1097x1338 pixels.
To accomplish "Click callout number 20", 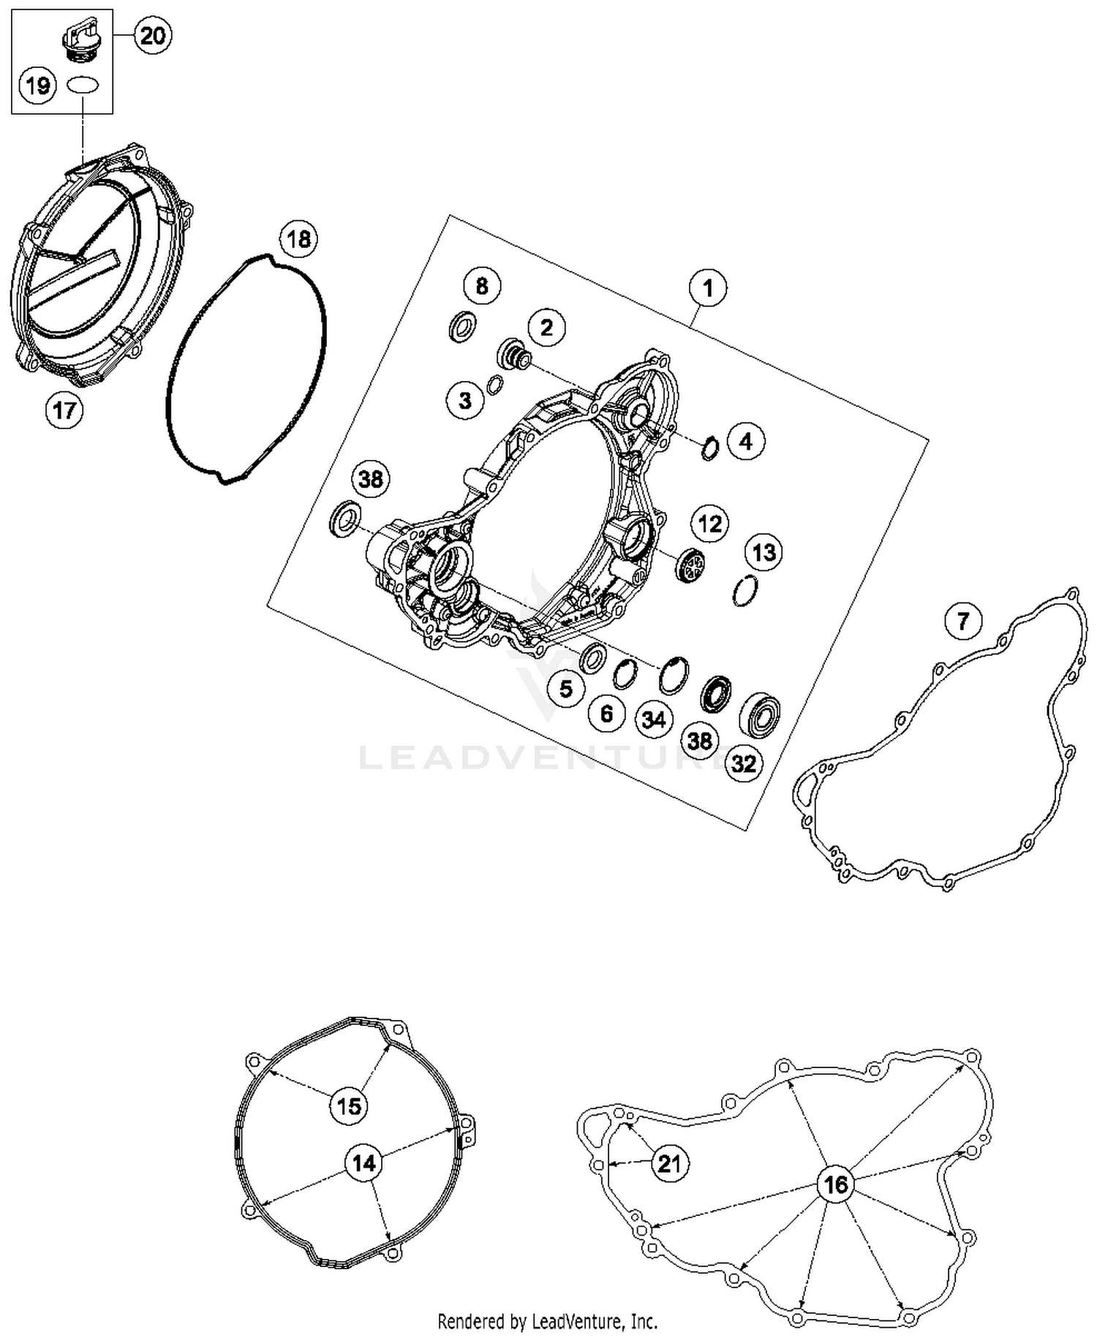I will tap(153, 35).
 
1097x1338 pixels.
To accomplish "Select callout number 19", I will tap(37, 86).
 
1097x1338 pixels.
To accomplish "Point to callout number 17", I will tap(64, 409).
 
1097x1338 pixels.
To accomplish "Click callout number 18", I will tap(298, 239).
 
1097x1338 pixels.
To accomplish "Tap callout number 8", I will tap(481, 286).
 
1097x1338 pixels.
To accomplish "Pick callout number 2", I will tap(546, 327).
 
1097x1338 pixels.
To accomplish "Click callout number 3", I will tap(466, 400).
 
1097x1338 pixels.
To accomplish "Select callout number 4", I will tap(745, 442).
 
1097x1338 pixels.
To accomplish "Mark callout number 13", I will tap(764, 552).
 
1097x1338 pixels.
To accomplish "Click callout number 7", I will tap(962, 621).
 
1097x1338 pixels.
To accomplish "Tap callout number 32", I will tap(744, 763).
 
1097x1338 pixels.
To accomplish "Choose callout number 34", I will tap(653, 719).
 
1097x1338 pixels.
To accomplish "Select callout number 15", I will tap(349, 1105).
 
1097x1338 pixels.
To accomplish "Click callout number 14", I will tap(363, 1163).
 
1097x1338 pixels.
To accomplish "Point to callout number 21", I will tap(669, 1163).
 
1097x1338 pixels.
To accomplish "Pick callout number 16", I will tap(835, 1184).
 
